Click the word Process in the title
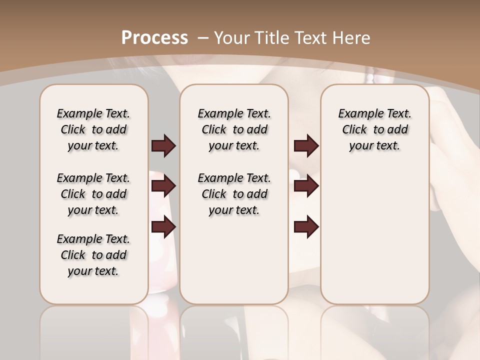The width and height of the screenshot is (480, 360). pyautogui.click(x=154, y=37)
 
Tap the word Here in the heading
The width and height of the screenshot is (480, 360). pyautogui.click(x=352, y=37)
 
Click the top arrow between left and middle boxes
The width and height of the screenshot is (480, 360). pyautogui.click(x=163, y=145)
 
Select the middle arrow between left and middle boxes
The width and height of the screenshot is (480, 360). pyautogui.click(x=163, y=186)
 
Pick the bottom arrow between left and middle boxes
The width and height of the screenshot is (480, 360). pyautogui.click(x=163, y=227)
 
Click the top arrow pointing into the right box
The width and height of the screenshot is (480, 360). pyautogui.click(x=306, y=145)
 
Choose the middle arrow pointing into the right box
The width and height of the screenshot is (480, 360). pyautogui.click(x=306, y=186)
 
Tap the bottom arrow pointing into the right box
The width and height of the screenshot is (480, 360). pyautogui.click(x=306, y=227)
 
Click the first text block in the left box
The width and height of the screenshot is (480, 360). pyautogui.click(x=93, y=129)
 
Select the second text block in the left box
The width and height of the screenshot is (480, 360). pyautogui.click(x=93, y=194)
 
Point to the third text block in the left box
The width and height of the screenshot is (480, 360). pyautogui.click(x=93, y=255)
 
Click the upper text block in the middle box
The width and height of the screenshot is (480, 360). pyautogui.click(x=234, y=129)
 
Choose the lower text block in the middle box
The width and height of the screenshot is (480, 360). pyautogui.click(x=234, y=194)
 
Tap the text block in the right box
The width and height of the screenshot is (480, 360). pyautogui.click(x=375, y=129)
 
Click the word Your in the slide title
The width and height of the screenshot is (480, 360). pyautogui.click(x=232, y=37)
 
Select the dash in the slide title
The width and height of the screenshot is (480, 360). pyautogui.click(x=203, y=37)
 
